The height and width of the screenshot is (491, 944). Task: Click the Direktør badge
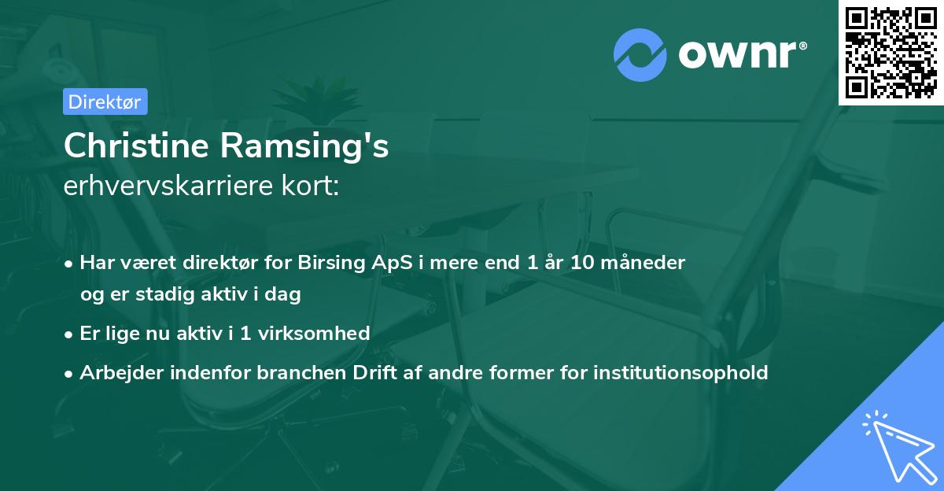[x=105, y=102]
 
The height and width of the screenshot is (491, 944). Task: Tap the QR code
[x=891, y=52]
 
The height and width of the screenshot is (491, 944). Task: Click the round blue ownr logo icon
[x=640, y=54]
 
